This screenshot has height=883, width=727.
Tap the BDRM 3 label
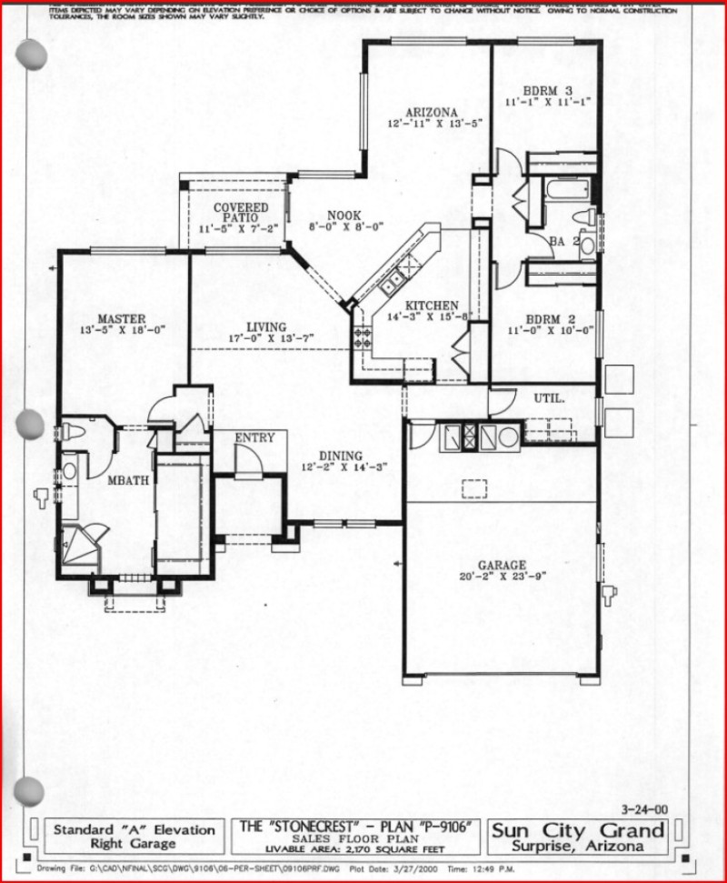547,90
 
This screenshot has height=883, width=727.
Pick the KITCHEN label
432,306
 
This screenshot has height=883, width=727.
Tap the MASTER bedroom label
121,318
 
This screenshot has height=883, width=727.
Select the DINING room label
340,456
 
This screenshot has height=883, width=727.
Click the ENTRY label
254,438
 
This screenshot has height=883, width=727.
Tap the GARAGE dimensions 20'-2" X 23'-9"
503,577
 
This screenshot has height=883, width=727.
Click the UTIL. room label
549,398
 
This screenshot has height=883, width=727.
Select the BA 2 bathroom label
563,241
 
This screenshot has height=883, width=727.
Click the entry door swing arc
248,462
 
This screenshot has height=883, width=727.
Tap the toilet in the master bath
73,431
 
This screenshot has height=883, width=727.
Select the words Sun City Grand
579,829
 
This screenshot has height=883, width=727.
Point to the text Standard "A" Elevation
134,829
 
